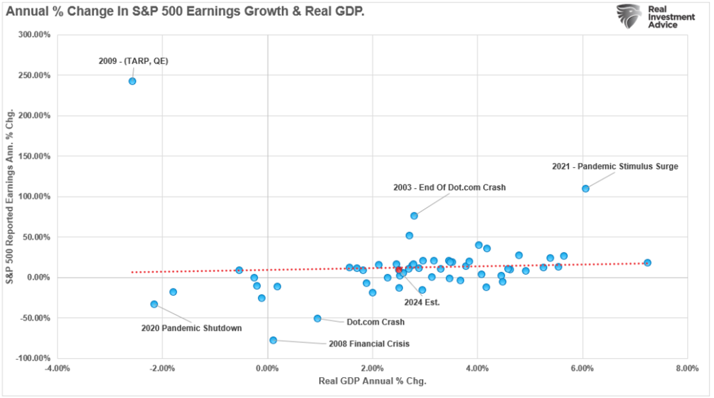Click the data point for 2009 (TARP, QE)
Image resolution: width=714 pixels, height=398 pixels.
[x=132, y=81]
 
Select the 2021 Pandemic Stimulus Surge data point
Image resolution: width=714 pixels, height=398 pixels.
[x=585, y=188]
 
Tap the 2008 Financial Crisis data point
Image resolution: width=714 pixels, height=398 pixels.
[x=273, y=340]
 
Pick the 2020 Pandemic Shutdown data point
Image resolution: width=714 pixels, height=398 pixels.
[x=154, y=304]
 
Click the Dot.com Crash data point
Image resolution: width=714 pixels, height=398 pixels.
[x=318, y=318]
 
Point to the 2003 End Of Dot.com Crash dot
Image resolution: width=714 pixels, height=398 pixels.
[x=414, y=215]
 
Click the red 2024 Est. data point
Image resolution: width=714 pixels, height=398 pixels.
[x=399, y=269]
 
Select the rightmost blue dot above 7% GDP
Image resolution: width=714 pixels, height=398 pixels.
[x=647, y=263]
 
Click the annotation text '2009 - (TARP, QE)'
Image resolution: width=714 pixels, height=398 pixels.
[x=133, y=61]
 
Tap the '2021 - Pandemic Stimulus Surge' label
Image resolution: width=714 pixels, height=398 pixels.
[x=615, y=167]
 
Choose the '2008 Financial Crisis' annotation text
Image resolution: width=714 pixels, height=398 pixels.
[x=369, y=344]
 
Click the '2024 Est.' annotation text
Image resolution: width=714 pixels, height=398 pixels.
[x=422, y=302]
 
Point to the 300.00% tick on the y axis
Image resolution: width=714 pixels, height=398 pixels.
[x=35, y=35]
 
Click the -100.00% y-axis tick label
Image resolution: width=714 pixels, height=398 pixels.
[x=35, y=359]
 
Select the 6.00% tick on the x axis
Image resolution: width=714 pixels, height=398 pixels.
[x=583, y=368]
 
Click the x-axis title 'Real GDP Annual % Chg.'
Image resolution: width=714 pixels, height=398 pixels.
[x=372, y=381]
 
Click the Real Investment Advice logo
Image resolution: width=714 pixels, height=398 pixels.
[x=655, y=17]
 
